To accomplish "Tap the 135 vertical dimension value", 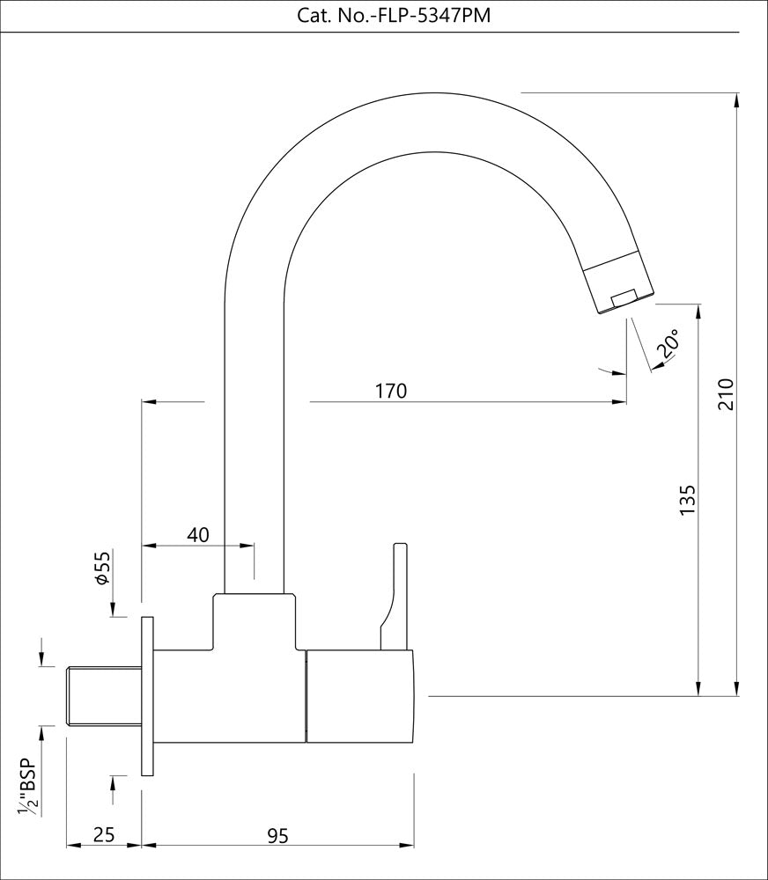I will click(688, 499).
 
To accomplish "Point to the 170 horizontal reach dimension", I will click(389, 391).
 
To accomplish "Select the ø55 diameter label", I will click(102, 569).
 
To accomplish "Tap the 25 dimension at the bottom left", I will click(104, 835).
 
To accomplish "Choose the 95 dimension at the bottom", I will click(277, 835).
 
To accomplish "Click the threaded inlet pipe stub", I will click(104, 696).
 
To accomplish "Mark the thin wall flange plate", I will click(147, 695).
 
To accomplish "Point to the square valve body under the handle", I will click(359, 696).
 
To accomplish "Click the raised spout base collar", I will click(255, 620).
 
